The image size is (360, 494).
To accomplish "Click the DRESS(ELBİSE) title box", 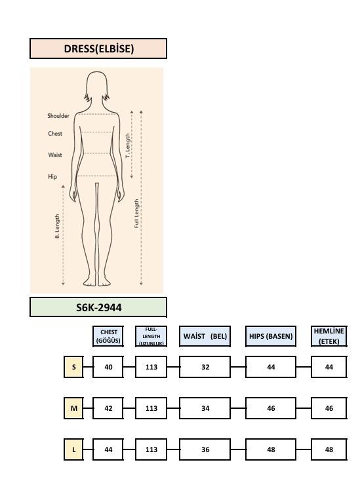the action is point(98,48).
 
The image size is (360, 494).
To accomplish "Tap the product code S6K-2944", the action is point(98,307).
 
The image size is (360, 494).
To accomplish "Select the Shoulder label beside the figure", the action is point(58,115).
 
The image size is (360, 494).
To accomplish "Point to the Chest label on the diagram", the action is point(55,134).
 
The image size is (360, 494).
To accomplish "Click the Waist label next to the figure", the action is point(55,155).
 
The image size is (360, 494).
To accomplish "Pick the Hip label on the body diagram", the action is point(52,176).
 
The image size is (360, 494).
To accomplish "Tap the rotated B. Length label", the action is point(57,226).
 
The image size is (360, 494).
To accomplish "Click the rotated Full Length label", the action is point(136,214).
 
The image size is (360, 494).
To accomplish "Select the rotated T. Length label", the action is point(128,145).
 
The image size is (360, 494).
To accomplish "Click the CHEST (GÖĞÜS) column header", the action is point(108,336).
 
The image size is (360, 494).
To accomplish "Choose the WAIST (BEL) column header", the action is point(205,336).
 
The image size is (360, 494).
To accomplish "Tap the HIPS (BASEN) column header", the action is point(271,336).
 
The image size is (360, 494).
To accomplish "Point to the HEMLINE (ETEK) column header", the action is point(329,336).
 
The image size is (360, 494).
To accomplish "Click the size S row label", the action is point(73,367).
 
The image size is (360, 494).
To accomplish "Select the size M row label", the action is point(73,408).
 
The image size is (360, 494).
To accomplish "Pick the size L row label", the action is point(73,449).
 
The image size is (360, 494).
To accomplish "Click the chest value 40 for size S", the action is point(108,367).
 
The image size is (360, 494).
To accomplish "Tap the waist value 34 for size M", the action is point(205,408).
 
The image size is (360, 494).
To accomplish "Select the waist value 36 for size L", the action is point(205,449).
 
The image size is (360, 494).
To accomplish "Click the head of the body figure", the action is point(97,86).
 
